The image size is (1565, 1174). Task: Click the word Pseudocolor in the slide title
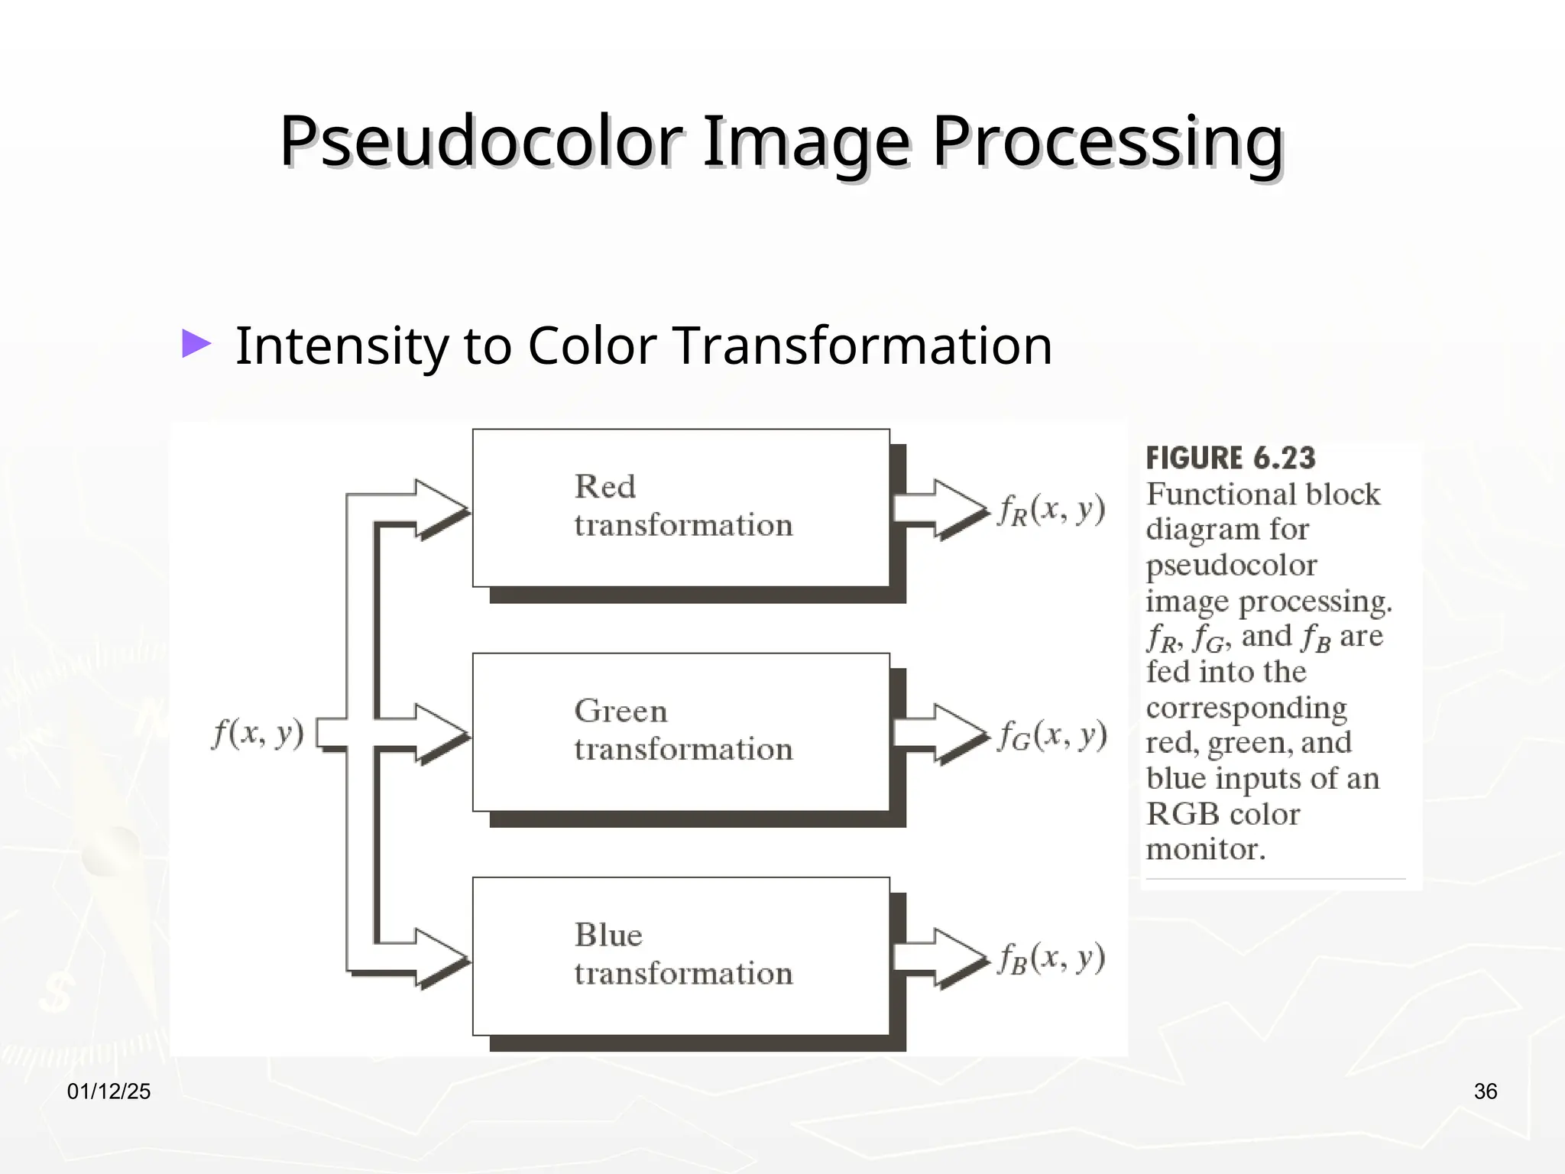(480, 141)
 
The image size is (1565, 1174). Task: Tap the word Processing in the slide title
(1107, 141)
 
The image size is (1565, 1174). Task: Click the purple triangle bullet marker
(196, 344)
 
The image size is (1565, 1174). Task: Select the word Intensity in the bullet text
(341, 345)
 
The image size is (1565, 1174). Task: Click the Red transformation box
(681, 508)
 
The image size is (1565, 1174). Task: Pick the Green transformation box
(681, 731)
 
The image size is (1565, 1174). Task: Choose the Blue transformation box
(681, 955)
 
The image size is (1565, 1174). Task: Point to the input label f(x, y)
(258, 733)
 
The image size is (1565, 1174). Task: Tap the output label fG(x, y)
(1051, 735)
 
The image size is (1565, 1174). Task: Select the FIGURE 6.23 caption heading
(1230, 459)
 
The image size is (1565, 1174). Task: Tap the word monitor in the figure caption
(1205, 849)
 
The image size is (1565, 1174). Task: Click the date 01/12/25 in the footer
(109, 1091)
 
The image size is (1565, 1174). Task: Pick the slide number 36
(1485, 1091)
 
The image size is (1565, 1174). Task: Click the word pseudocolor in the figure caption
(1231, 566)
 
